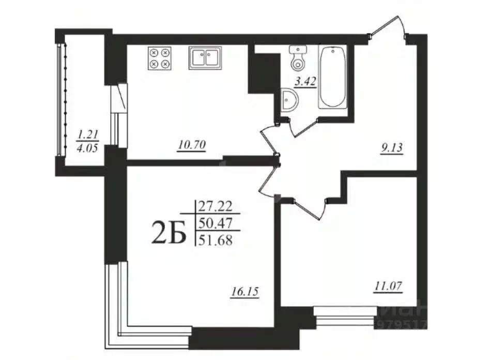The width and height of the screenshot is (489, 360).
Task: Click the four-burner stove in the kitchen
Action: point(159,58)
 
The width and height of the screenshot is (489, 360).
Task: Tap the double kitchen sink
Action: point(205,57)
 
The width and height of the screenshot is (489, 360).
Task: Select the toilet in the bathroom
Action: point(298,57)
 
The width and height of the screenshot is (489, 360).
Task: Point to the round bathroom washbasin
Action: point(289,99)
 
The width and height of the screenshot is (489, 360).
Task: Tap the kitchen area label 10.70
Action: point(192,146)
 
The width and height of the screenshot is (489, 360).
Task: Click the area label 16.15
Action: point(244,292)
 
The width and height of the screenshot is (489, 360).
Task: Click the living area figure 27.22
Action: point(217,206)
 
